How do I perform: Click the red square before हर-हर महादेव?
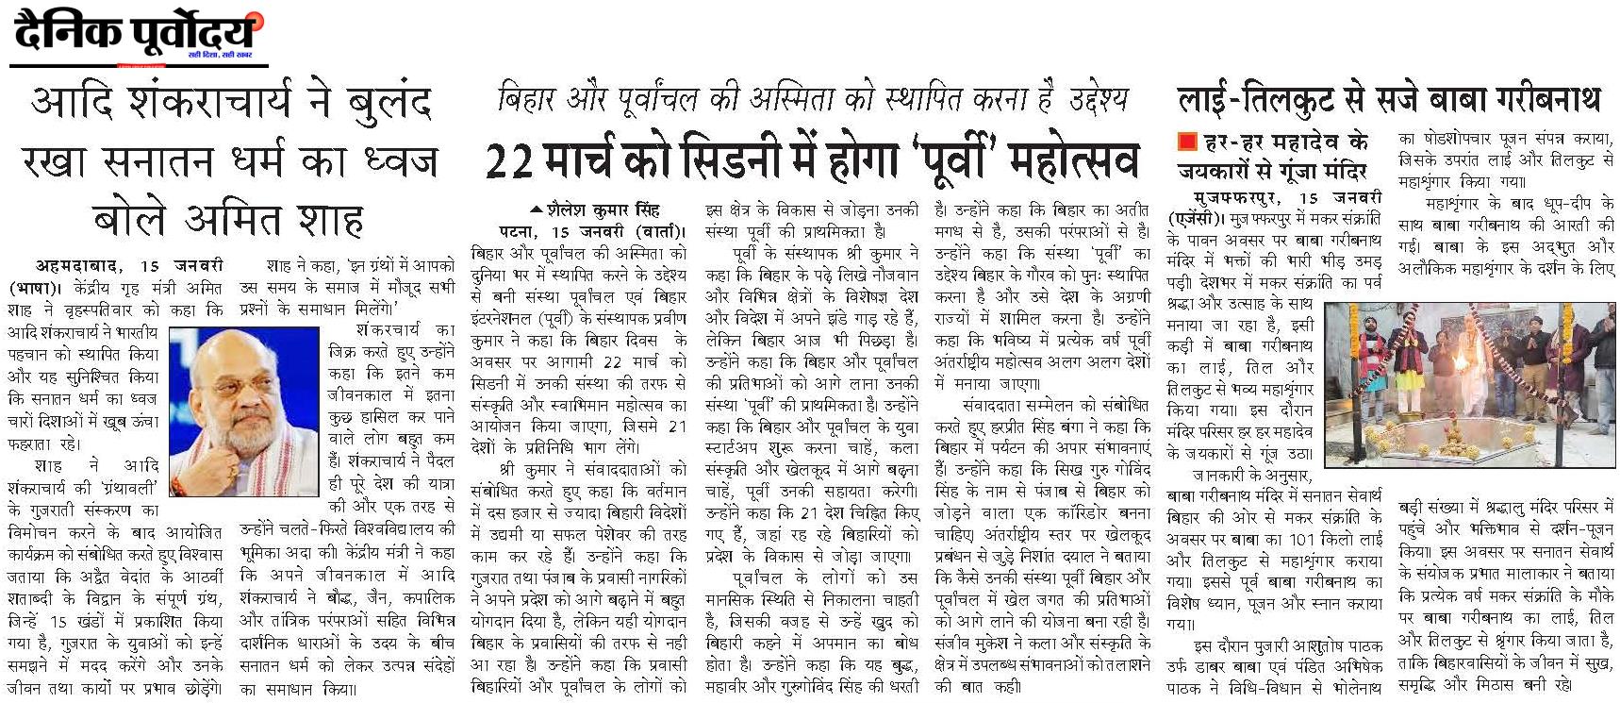click(1186, 142)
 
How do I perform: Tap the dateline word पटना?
click(521, 231)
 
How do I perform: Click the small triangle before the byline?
click(537, 209)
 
